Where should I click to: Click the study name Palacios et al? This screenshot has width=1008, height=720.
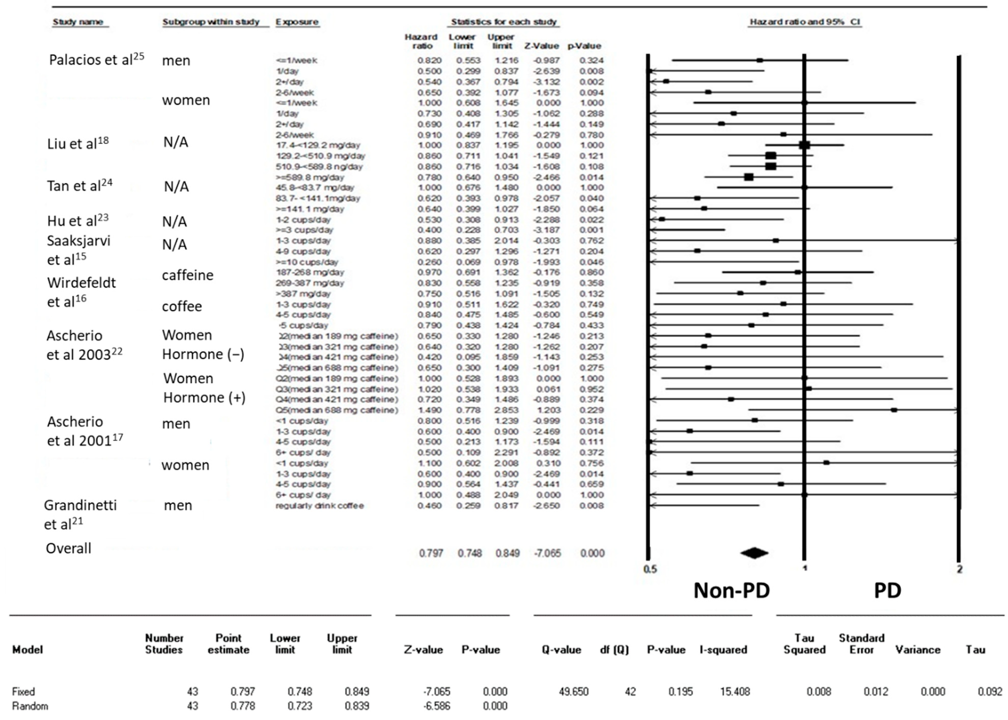[x=96, y=60]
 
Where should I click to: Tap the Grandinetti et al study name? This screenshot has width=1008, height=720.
[x=80, y=514]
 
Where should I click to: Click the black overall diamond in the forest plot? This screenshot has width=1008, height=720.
[x=754, y=553]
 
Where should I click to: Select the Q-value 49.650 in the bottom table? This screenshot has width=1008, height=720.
[x=573, y=692]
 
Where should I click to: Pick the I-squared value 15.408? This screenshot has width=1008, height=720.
[x=735, y=692]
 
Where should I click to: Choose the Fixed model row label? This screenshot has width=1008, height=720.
[x=23, y=692]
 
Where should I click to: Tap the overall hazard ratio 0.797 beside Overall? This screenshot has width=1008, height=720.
[x=431, y=553]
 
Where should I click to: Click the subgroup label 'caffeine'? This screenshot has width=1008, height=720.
[x=188, y=275]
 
